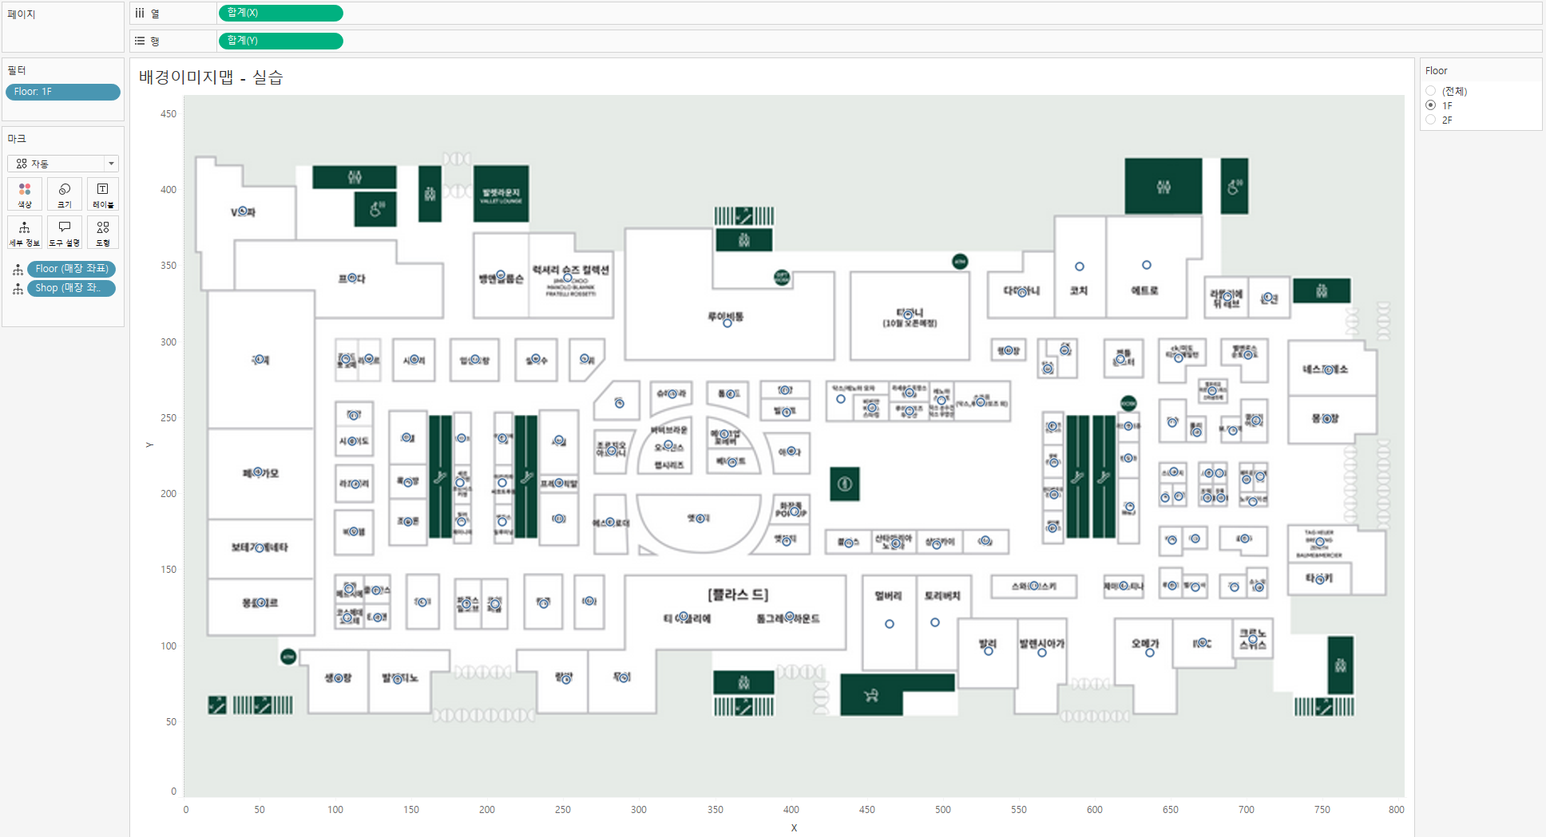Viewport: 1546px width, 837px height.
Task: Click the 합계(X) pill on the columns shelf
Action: [x=279, y=13]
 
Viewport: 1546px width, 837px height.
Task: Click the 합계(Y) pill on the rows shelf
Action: [x=279, y=41]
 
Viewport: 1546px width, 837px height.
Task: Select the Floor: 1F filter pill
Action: [x=62, y=92]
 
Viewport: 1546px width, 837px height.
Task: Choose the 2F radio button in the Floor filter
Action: [x=1431, y=120]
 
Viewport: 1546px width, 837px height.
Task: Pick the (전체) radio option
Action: [x=1431, y=91]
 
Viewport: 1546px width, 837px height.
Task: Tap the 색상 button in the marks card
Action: [x=25, y=194]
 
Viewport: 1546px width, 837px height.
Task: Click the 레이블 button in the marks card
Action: [x=103, y=194]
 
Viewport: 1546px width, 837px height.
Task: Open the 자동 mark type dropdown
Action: [x=63, y=164]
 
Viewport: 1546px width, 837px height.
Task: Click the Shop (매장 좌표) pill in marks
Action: [x=71, y=288]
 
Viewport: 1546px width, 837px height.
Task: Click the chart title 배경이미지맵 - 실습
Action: [x=211, y=77]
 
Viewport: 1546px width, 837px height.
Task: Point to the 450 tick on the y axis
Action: [x=168, y=114]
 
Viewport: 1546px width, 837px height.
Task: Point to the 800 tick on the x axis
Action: [x=1396, y=809]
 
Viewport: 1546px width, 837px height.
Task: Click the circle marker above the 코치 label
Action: [x=1080, y=266]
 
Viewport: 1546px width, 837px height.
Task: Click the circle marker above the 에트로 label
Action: [x=1147, y=265]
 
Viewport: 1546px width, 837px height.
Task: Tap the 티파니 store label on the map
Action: [x=910, y=314]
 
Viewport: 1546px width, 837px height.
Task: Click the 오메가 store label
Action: [x=1145, y=643]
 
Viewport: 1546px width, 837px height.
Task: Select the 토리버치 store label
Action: [x=942, y=596]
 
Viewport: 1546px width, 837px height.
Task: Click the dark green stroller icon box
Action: [x=871, y=696]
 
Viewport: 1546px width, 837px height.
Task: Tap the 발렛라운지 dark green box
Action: [x=501, y=194]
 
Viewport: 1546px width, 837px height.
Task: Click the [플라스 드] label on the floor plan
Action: [x=738, y=594]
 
